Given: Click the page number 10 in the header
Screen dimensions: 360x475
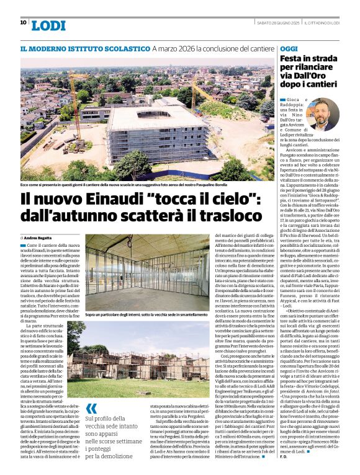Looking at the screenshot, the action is (23, 22).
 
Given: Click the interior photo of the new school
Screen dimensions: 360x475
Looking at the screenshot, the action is (147, 270).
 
